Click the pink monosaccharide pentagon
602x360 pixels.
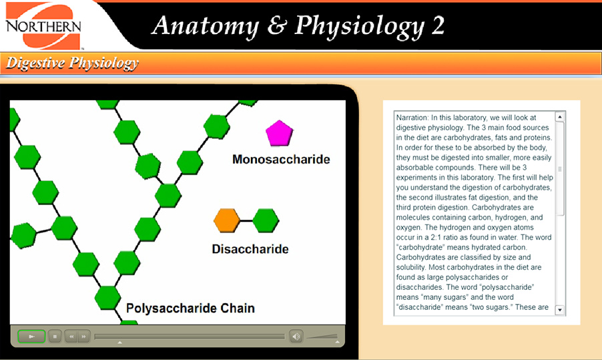(x=279, y=134)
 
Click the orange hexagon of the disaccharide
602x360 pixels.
(x=227, y=220)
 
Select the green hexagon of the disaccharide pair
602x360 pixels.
(x=266, y=220)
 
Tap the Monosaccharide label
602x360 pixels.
(x=281, y=160)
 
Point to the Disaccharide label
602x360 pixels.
(x=250, y=249)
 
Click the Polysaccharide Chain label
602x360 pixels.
(x=190, y=309)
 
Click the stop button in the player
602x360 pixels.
(x=55, y=336)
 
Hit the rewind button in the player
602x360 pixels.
(x=71, y=336)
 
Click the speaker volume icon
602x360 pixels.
(x=296, y=336)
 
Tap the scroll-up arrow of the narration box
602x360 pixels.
(x=559, y=117)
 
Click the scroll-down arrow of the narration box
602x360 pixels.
(x=559, y=310)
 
